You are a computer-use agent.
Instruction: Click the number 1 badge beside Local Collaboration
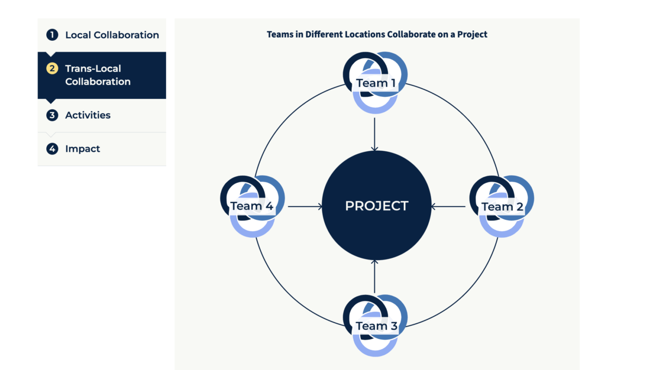(52, 35)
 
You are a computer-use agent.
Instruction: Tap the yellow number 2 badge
(52, 69)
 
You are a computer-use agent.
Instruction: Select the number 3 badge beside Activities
(52, 115)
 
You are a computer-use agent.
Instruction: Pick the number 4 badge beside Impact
(52, 149)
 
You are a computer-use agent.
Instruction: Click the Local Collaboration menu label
(112, 35)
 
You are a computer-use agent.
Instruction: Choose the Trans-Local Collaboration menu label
(98, 75)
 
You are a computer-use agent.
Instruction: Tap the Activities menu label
(88, 115)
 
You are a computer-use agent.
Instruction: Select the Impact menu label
(83, 149)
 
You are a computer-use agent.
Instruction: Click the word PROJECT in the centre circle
(377, 206)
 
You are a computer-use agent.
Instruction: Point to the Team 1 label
(376, 83)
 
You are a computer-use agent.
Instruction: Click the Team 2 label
(502, 207)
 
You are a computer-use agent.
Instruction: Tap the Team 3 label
(377, 326)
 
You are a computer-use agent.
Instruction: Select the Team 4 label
(252, 206)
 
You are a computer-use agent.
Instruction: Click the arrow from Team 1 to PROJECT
(374, 134)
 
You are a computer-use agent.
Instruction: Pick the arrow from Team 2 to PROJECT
(448, 206)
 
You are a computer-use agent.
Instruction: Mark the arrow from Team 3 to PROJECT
(374, 276)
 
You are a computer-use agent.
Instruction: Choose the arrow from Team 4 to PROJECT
(305, 206)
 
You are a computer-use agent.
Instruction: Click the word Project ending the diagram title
(472, 35)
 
